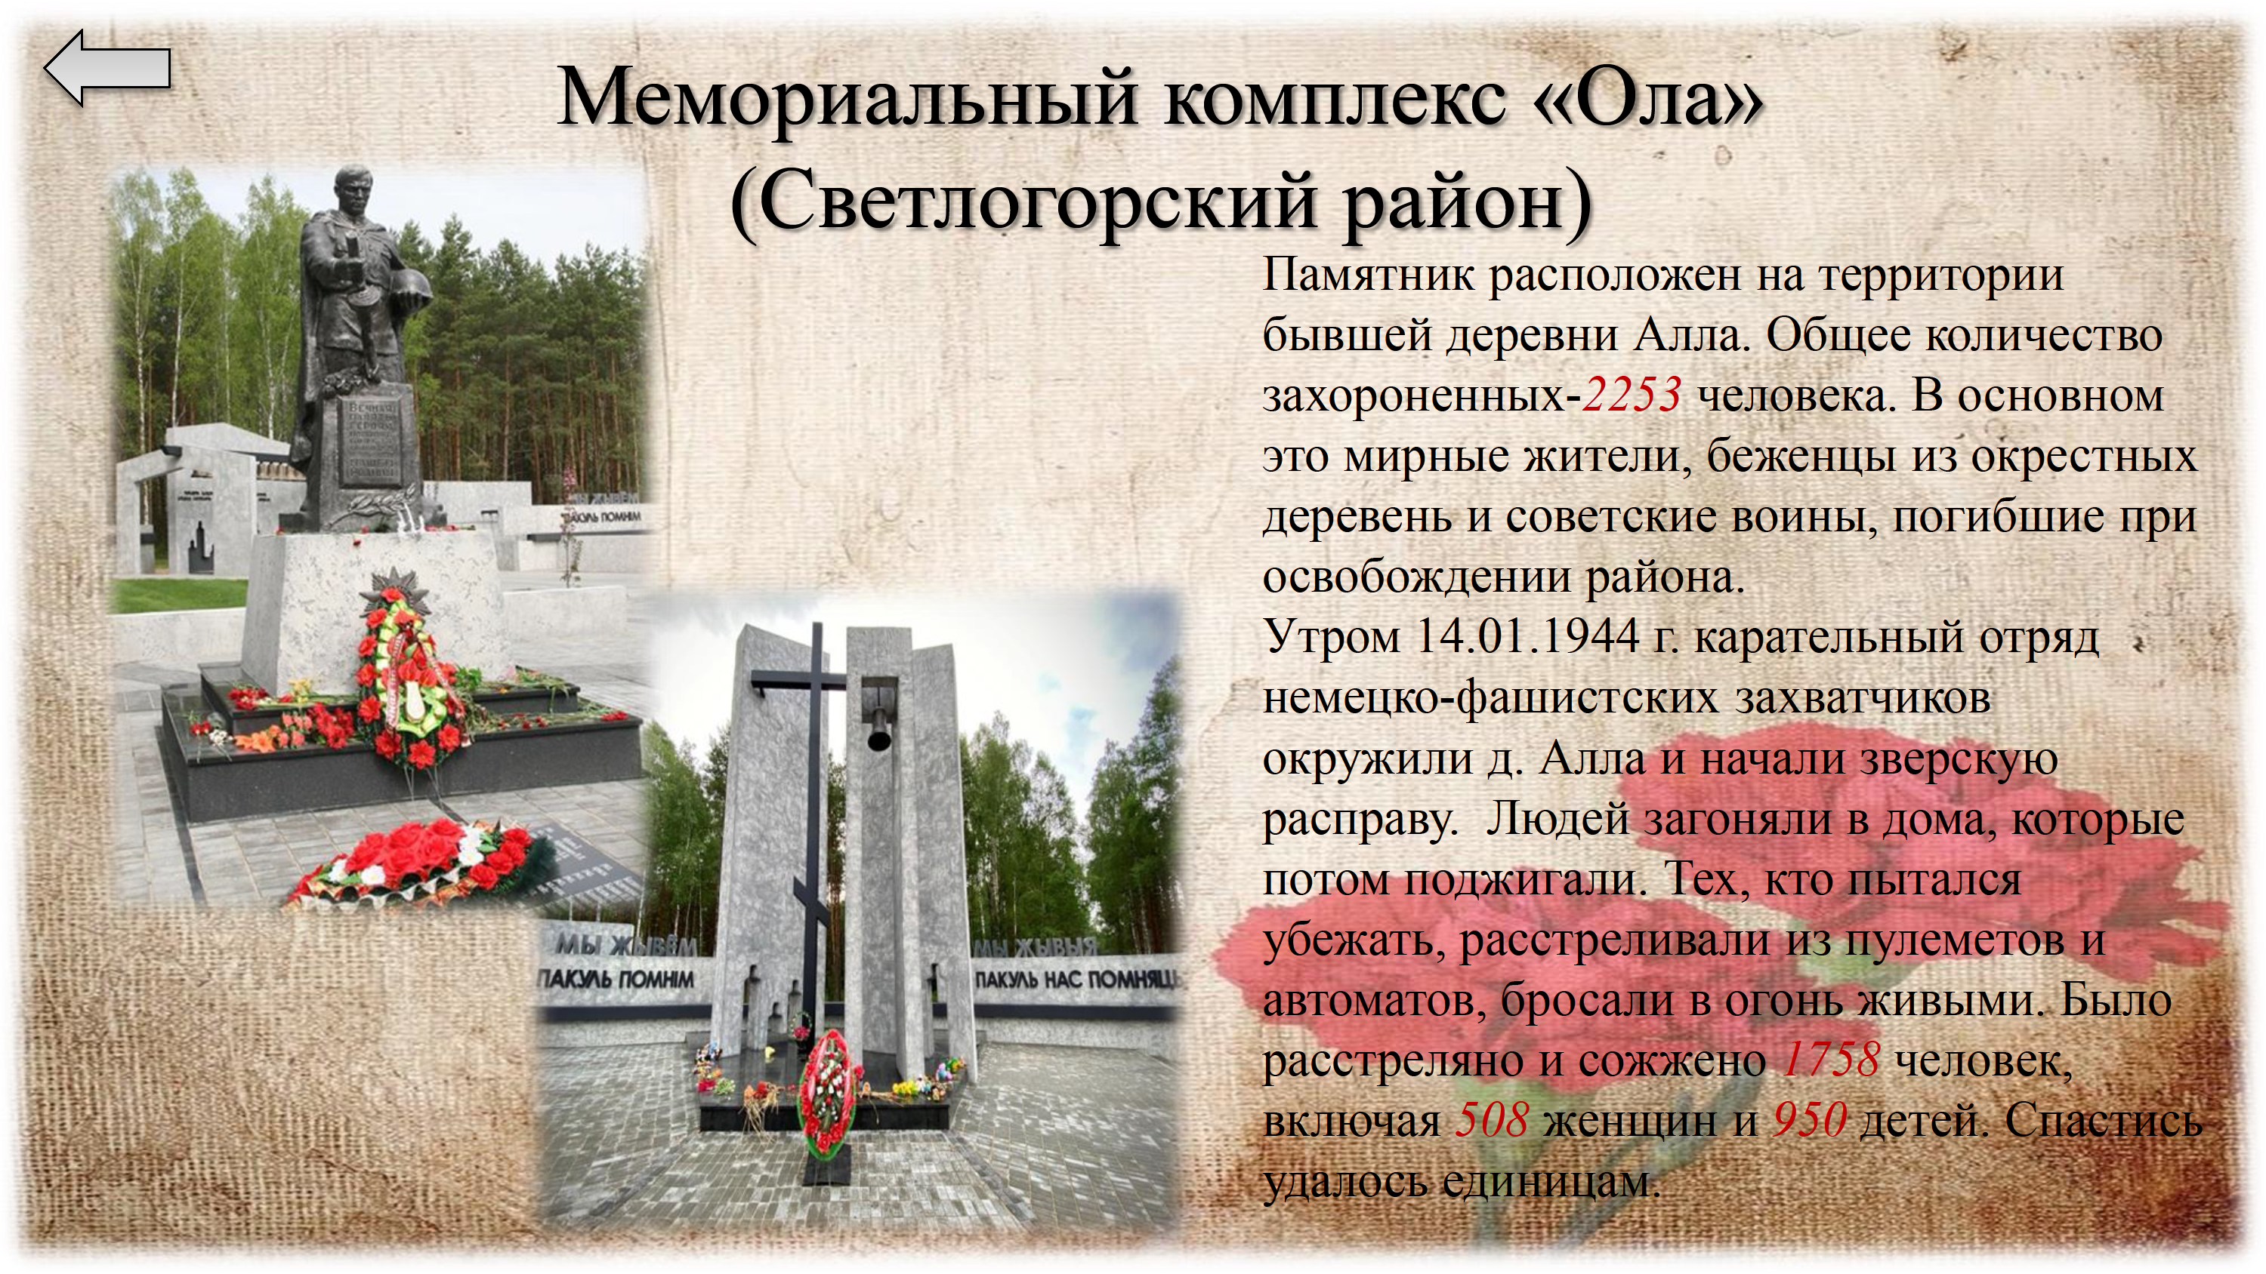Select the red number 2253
1632,395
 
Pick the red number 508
1492,1120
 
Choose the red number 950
1810,1120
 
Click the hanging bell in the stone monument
877,725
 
